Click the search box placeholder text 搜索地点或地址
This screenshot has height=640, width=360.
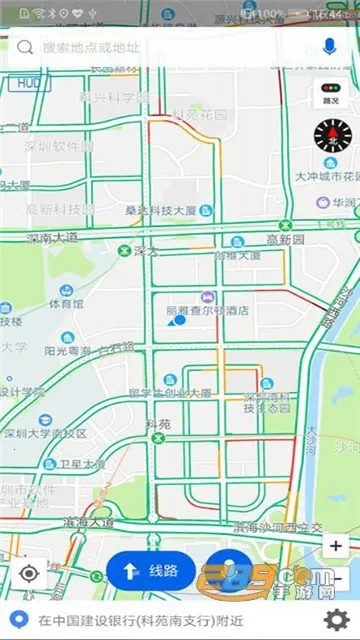tap(91, 47)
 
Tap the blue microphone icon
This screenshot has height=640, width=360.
tap(330, 47)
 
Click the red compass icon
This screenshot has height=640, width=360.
tap(333, 132)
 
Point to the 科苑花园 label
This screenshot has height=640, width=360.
tap(200, 114)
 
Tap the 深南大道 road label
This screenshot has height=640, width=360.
tap(52, 238)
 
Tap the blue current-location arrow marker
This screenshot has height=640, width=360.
tap(180, 321)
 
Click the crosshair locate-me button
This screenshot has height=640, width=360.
tap(29, 573)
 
